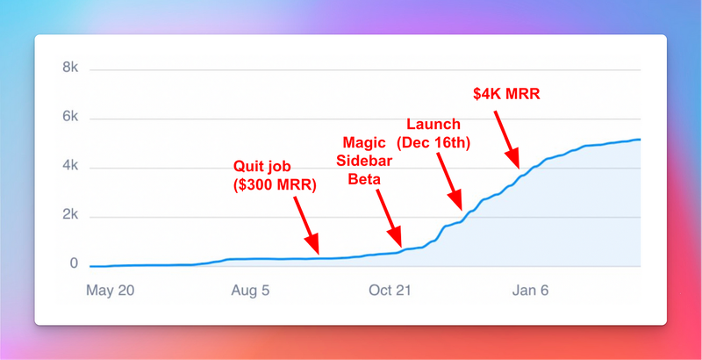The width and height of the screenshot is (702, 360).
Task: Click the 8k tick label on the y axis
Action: pyautogui.click(x=70, y=68)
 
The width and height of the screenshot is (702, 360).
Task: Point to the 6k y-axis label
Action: pyautogui.click(x=70, y=118)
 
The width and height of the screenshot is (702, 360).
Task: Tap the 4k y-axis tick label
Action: pyautogui.click(x=70, y=167)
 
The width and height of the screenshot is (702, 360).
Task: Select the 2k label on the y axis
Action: pyautogui.click(x=70, y=216)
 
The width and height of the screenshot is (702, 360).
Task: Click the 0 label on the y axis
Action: pyautogui.click(x=74, y=263)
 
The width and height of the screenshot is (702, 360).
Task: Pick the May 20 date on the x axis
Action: pyautogui.click(x=111, y=291)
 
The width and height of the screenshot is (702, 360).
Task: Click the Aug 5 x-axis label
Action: pyautogui.click(x=250, y=291)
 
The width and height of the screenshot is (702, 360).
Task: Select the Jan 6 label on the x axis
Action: pyautogui.click(x=531, y=291)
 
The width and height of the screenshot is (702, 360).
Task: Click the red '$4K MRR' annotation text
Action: pyautogui.click(x=507, y=94)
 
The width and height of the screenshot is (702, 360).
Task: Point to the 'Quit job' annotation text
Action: pyautogui.click(x=261, y=168)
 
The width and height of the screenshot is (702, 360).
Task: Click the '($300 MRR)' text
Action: pyautogui.click(x=275, y=185)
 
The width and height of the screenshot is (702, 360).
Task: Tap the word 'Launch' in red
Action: pyautogui.click(x=433, y=124)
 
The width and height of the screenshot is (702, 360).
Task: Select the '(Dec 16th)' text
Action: pyautogui.click(x=433, y=144)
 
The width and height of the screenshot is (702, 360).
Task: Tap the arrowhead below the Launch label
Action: pyautogui.click(x=456, y=200)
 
